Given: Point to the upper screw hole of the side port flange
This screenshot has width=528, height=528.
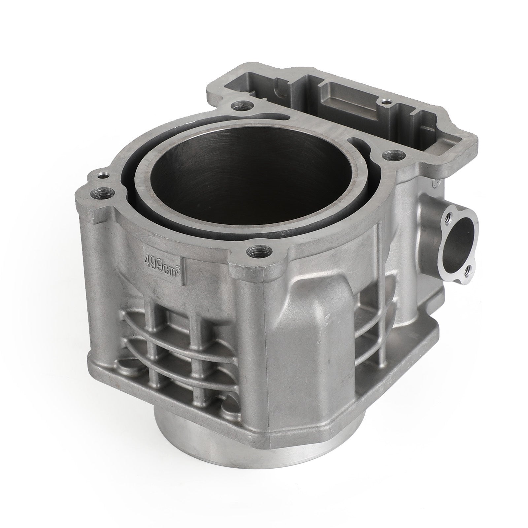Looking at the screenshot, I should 448,218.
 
